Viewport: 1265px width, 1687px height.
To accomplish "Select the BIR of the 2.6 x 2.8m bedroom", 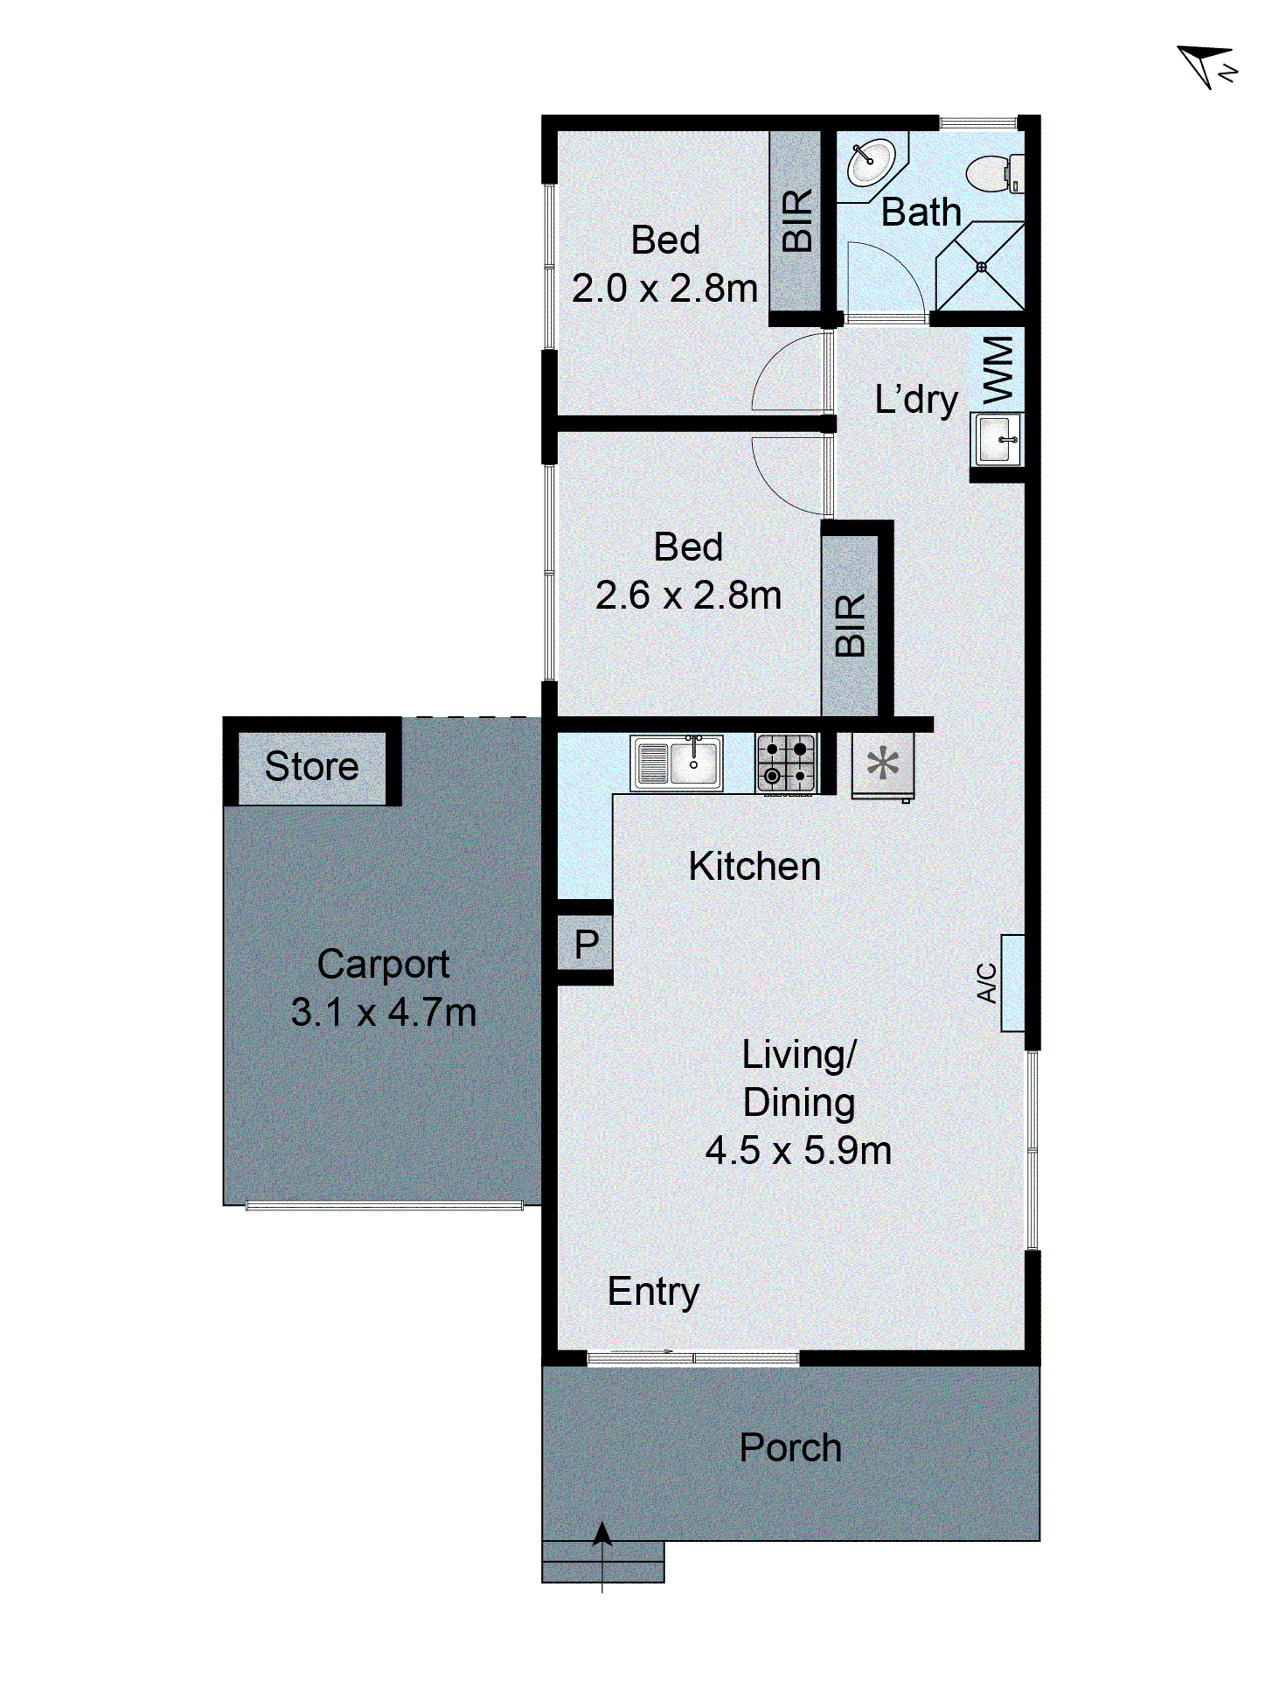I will pos(849,625).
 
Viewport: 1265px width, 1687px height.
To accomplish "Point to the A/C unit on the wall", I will pos(1012,983).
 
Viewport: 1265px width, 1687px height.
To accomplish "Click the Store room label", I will pos(311,767).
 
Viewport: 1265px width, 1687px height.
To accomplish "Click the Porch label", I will pos(790,1447).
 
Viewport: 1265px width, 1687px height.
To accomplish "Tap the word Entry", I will pos(653,1291).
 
